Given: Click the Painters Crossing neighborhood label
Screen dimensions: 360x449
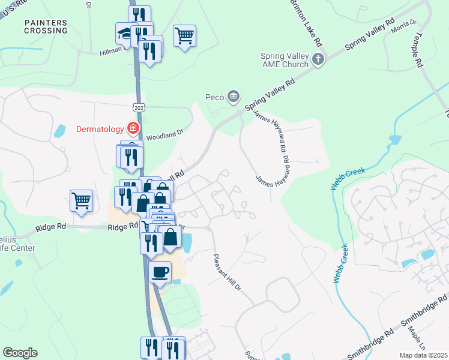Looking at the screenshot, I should point(46,26).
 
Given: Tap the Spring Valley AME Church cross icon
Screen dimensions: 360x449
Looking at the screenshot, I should point(318,59).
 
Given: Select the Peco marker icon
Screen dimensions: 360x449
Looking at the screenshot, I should point(234,96).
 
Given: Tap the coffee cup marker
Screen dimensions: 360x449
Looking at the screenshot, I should point(160,272).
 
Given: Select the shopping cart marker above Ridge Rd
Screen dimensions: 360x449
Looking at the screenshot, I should point(81,201).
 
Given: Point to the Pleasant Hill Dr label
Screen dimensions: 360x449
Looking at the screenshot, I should point(227,272).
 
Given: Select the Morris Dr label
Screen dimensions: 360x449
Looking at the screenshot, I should point(403,28).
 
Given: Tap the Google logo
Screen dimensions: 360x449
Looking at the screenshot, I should point(20,353).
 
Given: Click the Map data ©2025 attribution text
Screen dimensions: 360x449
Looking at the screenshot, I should point(423,355).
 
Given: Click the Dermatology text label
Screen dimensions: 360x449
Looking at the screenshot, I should point(100,128).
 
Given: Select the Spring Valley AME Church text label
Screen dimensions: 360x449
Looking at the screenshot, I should point(284,60).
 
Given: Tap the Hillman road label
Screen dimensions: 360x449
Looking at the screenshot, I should point(112,52).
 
